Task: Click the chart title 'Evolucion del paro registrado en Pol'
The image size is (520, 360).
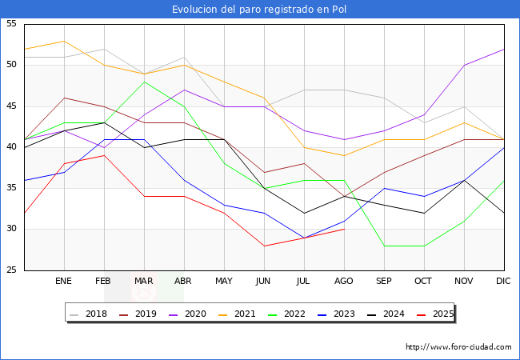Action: coord(260,10)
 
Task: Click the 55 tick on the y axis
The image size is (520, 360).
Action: coord(11,24)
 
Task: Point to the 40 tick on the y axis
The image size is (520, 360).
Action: coord(11,147)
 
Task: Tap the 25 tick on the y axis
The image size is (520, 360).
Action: coord(11,270)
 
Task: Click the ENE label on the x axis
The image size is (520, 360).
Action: coord(64,282)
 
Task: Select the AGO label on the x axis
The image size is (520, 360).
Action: coord(344,282)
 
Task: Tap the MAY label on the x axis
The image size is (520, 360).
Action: coord(224,282)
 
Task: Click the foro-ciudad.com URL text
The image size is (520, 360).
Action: coord(458,347)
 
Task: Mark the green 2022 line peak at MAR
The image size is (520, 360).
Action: coord(144,82)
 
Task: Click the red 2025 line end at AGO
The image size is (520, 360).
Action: coord(344,230)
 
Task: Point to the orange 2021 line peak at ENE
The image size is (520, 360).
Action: coord(64,41)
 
